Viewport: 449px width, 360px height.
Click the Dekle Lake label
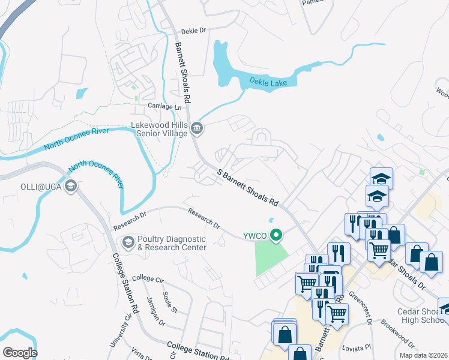[x=269, y=82]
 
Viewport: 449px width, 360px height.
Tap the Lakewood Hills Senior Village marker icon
[x=197, y=128]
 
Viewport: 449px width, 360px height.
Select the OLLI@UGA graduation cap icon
[x=71, y=186]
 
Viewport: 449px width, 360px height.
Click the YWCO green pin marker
[x=276, y=235]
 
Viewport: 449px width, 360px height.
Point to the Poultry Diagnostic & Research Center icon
[x=128, y=243]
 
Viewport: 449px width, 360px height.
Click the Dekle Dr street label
[x=193, y=30]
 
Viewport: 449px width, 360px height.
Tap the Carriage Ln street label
[x=164, y=106]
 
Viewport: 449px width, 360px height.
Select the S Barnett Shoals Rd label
[x=248, y=187]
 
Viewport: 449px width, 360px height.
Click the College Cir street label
[x=148, y=278]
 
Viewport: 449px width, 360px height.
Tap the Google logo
[x=20, y=353]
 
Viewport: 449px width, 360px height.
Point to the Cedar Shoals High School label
[x=420, y=316]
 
